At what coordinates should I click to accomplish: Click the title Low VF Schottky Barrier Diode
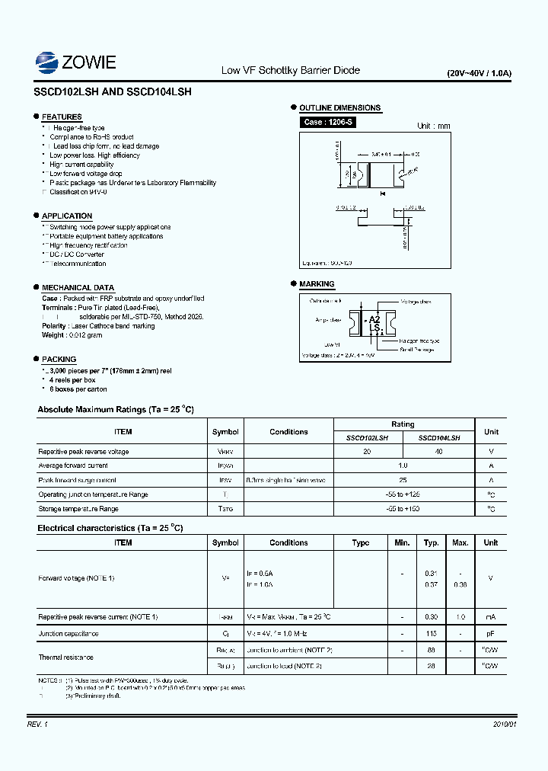[290, 70]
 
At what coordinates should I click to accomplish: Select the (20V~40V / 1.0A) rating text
[479, 73]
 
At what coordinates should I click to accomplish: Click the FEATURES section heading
[62, 117]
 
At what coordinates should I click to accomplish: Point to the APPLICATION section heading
[67, 216]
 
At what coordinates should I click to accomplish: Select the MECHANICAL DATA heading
[78, 287]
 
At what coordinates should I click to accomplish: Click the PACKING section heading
[59, 359]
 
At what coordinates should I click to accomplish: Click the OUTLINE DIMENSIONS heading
[339, 108]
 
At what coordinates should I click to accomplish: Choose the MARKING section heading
[317, 284]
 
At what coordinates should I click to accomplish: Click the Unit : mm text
[434, 126]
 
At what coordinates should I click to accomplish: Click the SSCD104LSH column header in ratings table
[439, 438]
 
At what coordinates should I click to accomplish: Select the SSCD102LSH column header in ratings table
[367, 438]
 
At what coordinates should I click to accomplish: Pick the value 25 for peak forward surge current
[403, 480]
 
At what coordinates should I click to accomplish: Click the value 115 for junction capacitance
[432, 633]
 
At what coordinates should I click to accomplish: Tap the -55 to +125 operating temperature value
[403, 494]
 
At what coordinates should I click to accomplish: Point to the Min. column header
[402, 542]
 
